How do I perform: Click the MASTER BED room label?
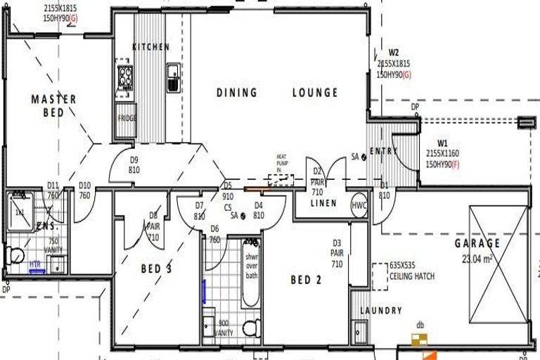53,105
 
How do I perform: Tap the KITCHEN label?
151,47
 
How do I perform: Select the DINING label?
237,92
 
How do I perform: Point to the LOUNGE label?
315,92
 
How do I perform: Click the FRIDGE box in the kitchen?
127,118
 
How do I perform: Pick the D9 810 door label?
134,165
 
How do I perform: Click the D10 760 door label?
85,191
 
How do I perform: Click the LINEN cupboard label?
324,203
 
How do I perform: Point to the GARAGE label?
477,243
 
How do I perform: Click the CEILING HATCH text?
411,276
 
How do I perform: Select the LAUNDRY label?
381,311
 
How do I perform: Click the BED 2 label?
306,280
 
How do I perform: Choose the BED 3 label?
156,268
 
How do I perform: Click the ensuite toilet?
15,255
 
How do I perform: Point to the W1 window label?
442,143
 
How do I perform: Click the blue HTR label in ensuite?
34,265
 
